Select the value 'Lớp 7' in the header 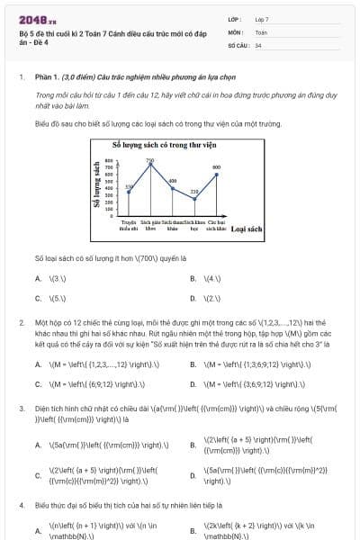pyautogui.click(x=262, y=19)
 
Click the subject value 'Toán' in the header pyautogui.click(x=261, y=31)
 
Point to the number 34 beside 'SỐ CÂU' pyautogui.click(x=258, y=44)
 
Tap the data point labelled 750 pyautogui.click(x=150, y=164)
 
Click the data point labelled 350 pyautogui.click(x=129, y=191)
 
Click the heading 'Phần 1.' pyautogui.click(x=47, y=78)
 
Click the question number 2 pyautogui.click(x=21, y=320)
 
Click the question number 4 pyautogui.click(x=21, y=508)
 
